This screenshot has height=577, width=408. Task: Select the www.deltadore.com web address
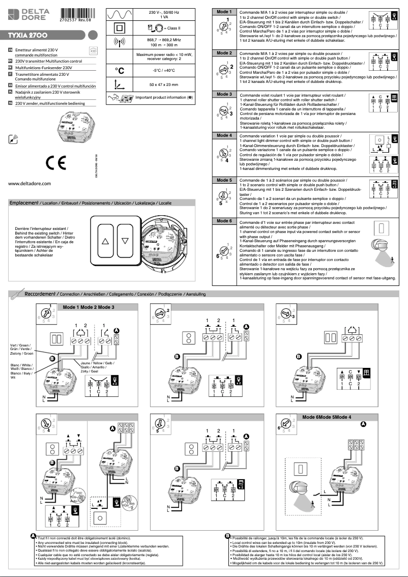click(30, 183)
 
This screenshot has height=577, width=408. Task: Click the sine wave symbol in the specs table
click(120, 14)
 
